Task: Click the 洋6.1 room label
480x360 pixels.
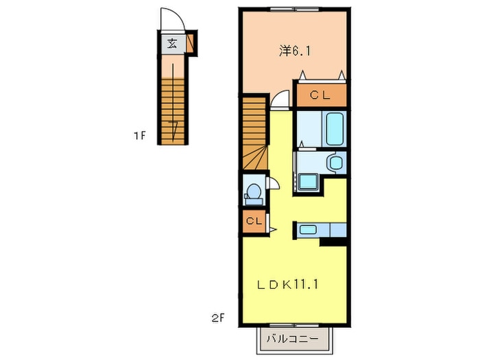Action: pos(294,51)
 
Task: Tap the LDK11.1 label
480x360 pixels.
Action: pos(287,285)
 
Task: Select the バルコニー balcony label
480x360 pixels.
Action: pos(292,339)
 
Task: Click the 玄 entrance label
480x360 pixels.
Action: pos(172,43)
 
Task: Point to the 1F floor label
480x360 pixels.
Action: pos(139,135)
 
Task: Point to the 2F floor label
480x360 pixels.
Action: pos(217,318)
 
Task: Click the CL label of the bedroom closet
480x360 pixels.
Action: pos(320,95)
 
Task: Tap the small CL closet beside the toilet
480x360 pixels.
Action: pos(254,221)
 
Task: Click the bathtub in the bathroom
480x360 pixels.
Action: pos(334,129)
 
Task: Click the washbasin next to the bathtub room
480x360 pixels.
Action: pos(336,163)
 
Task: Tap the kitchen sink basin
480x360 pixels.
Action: pos(308,229)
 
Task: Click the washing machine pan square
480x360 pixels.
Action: pos(309,182)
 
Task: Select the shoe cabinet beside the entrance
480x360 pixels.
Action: pos(191,43)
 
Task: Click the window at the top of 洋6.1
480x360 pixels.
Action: pos(294,10)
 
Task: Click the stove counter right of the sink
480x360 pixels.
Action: pos(338,230)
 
